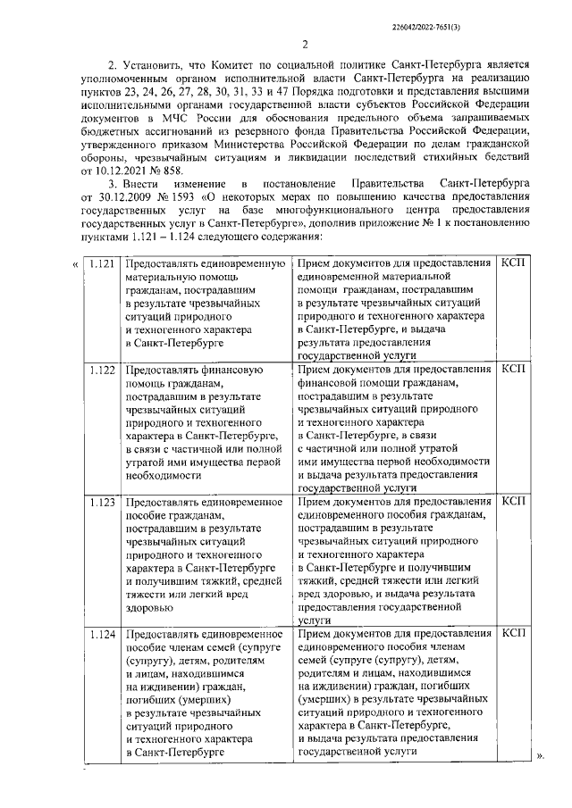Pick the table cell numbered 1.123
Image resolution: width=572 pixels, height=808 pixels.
[x=103, y=502]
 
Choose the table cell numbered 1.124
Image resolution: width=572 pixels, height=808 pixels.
[x=103, y=633]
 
